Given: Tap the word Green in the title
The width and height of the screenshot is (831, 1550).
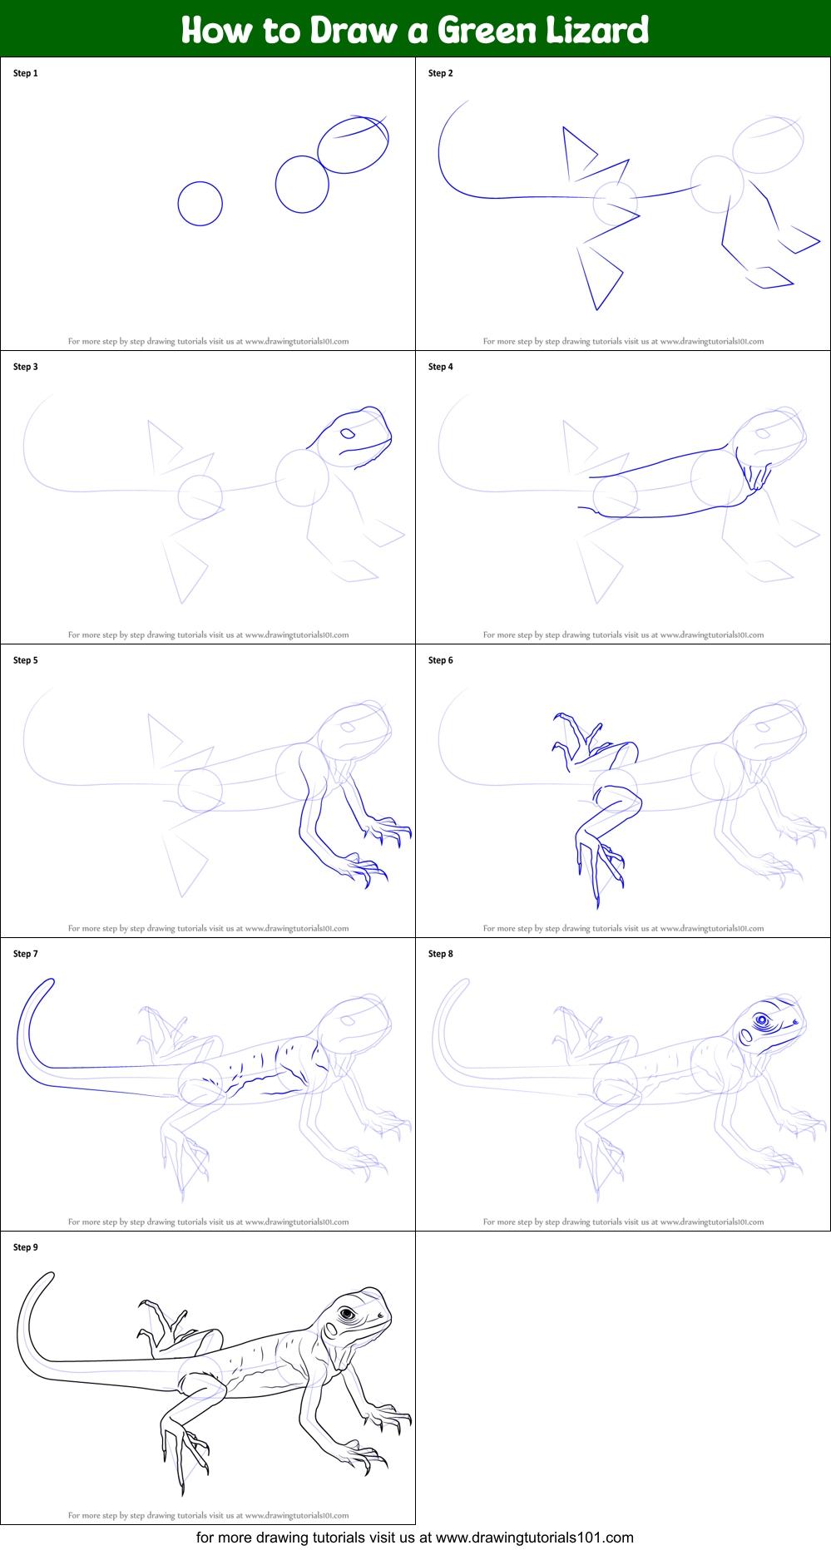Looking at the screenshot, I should click(x=487, y=30).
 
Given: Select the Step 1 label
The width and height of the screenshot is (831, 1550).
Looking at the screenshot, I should click(x=26, y=73).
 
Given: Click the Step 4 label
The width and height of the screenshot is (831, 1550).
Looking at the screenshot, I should click(x=441, y=367).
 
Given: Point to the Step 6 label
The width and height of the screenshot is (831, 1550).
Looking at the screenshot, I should click(x=441, y=660).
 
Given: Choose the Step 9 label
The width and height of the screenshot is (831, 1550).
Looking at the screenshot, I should click(x=26, y=1247).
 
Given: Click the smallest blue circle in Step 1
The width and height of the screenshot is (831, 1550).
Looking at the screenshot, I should click(x=200, y=203).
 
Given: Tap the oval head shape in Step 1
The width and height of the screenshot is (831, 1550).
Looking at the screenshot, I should click(x=354, y=145).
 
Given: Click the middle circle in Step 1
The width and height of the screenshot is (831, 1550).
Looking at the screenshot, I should click(x=302, y=184).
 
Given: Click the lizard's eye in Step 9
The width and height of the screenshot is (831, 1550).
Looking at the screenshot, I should click(x=347, y=1314).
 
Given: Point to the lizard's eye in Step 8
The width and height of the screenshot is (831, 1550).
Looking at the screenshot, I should click(x=761, y=1020).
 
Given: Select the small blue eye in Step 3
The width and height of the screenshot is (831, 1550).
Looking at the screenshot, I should click(x=347, y=433).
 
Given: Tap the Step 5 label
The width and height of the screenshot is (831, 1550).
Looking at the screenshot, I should click(x=26, y=660).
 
